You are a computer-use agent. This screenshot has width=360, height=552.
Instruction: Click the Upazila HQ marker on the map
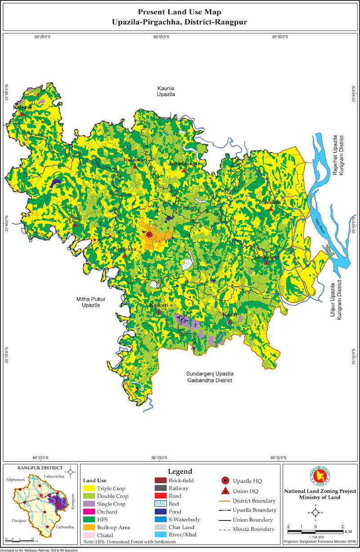pyautogui.click(x=149, y=234)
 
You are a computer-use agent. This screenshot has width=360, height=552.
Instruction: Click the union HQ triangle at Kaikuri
pyautogui.click(x=158, y=312)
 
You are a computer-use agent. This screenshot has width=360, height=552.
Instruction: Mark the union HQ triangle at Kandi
pyautogui.click(x=229, y=322)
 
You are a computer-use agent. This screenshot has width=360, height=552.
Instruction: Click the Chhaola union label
pyautogui.click(x=271, y=202)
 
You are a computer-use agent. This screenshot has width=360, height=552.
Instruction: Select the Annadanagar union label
pyautogui.click(x=183, y=164)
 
